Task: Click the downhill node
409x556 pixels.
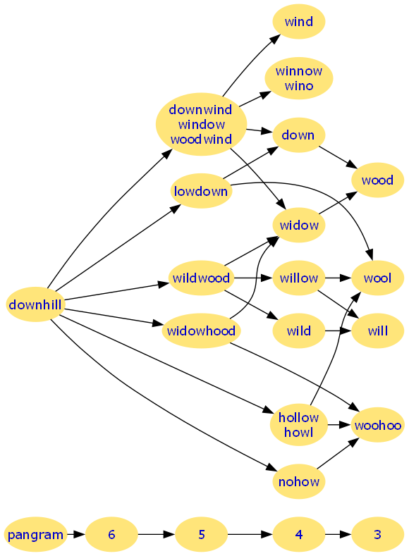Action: click(35, 304)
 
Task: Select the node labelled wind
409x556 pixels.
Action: click(299, 21)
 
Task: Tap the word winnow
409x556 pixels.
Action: click(299, 71)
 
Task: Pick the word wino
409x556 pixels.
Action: click(299, 86)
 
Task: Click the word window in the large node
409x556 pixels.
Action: click(201, 125)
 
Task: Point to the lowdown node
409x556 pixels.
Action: click(201, 191)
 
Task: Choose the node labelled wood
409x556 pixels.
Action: click(377, 180)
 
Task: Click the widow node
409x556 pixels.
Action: click(299, 225)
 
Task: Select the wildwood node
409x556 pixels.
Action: click(201, 278)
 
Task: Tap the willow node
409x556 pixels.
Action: click(299, 278)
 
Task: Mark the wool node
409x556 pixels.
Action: click(377, 278)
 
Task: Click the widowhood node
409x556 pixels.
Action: click(201, 330)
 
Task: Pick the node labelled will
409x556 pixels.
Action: click(377, 330)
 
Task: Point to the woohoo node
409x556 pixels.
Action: click(377, 425)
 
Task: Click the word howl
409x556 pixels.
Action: click(299, 432)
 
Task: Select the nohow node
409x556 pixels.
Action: click(299, 481)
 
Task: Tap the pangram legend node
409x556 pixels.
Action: click(35, 534)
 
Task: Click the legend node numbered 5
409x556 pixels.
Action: click(201, 534)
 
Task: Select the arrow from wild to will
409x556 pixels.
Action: click(338, 330)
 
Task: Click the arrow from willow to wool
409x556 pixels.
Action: click(338, 278)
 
